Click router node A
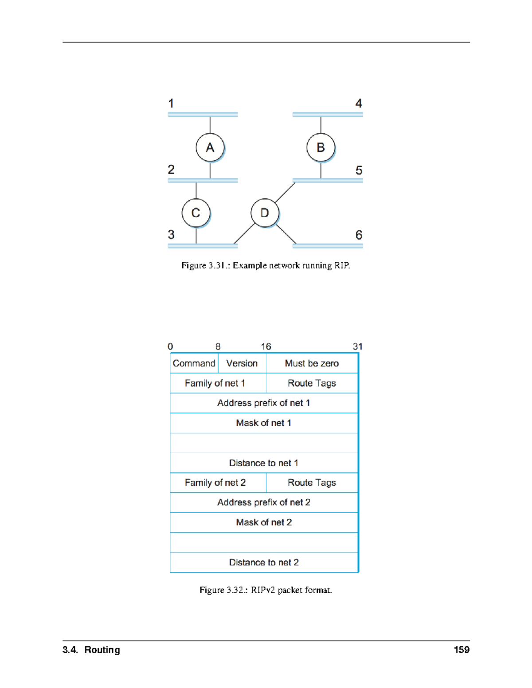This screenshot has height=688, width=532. [210, 148]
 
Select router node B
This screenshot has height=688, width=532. [321, 148]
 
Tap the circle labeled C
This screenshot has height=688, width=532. [196, 213]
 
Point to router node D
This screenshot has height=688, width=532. [265, 213]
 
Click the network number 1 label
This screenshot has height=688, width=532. [171, 104]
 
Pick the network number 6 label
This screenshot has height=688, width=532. [359, 235]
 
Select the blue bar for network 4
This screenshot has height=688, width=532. [328, 114]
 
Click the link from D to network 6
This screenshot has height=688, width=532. [286, 234]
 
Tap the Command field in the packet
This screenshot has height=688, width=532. [194, 363]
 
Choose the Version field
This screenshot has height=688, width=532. [242, 363]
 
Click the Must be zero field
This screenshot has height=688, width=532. [312, 363]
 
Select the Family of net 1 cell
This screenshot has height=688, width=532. [215, 383]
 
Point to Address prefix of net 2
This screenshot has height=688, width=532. [264, 502]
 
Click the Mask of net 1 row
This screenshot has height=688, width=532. [264, 423]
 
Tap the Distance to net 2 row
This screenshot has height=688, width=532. [264, 562]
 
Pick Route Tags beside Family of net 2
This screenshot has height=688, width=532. [312, 482]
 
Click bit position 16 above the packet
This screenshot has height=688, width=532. [266, 346]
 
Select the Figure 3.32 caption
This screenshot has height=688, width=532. [266, 590]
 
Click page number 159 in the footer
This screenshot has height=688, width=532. [462, 650]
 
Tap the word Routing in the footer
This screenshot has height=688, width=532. [102, 650]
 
